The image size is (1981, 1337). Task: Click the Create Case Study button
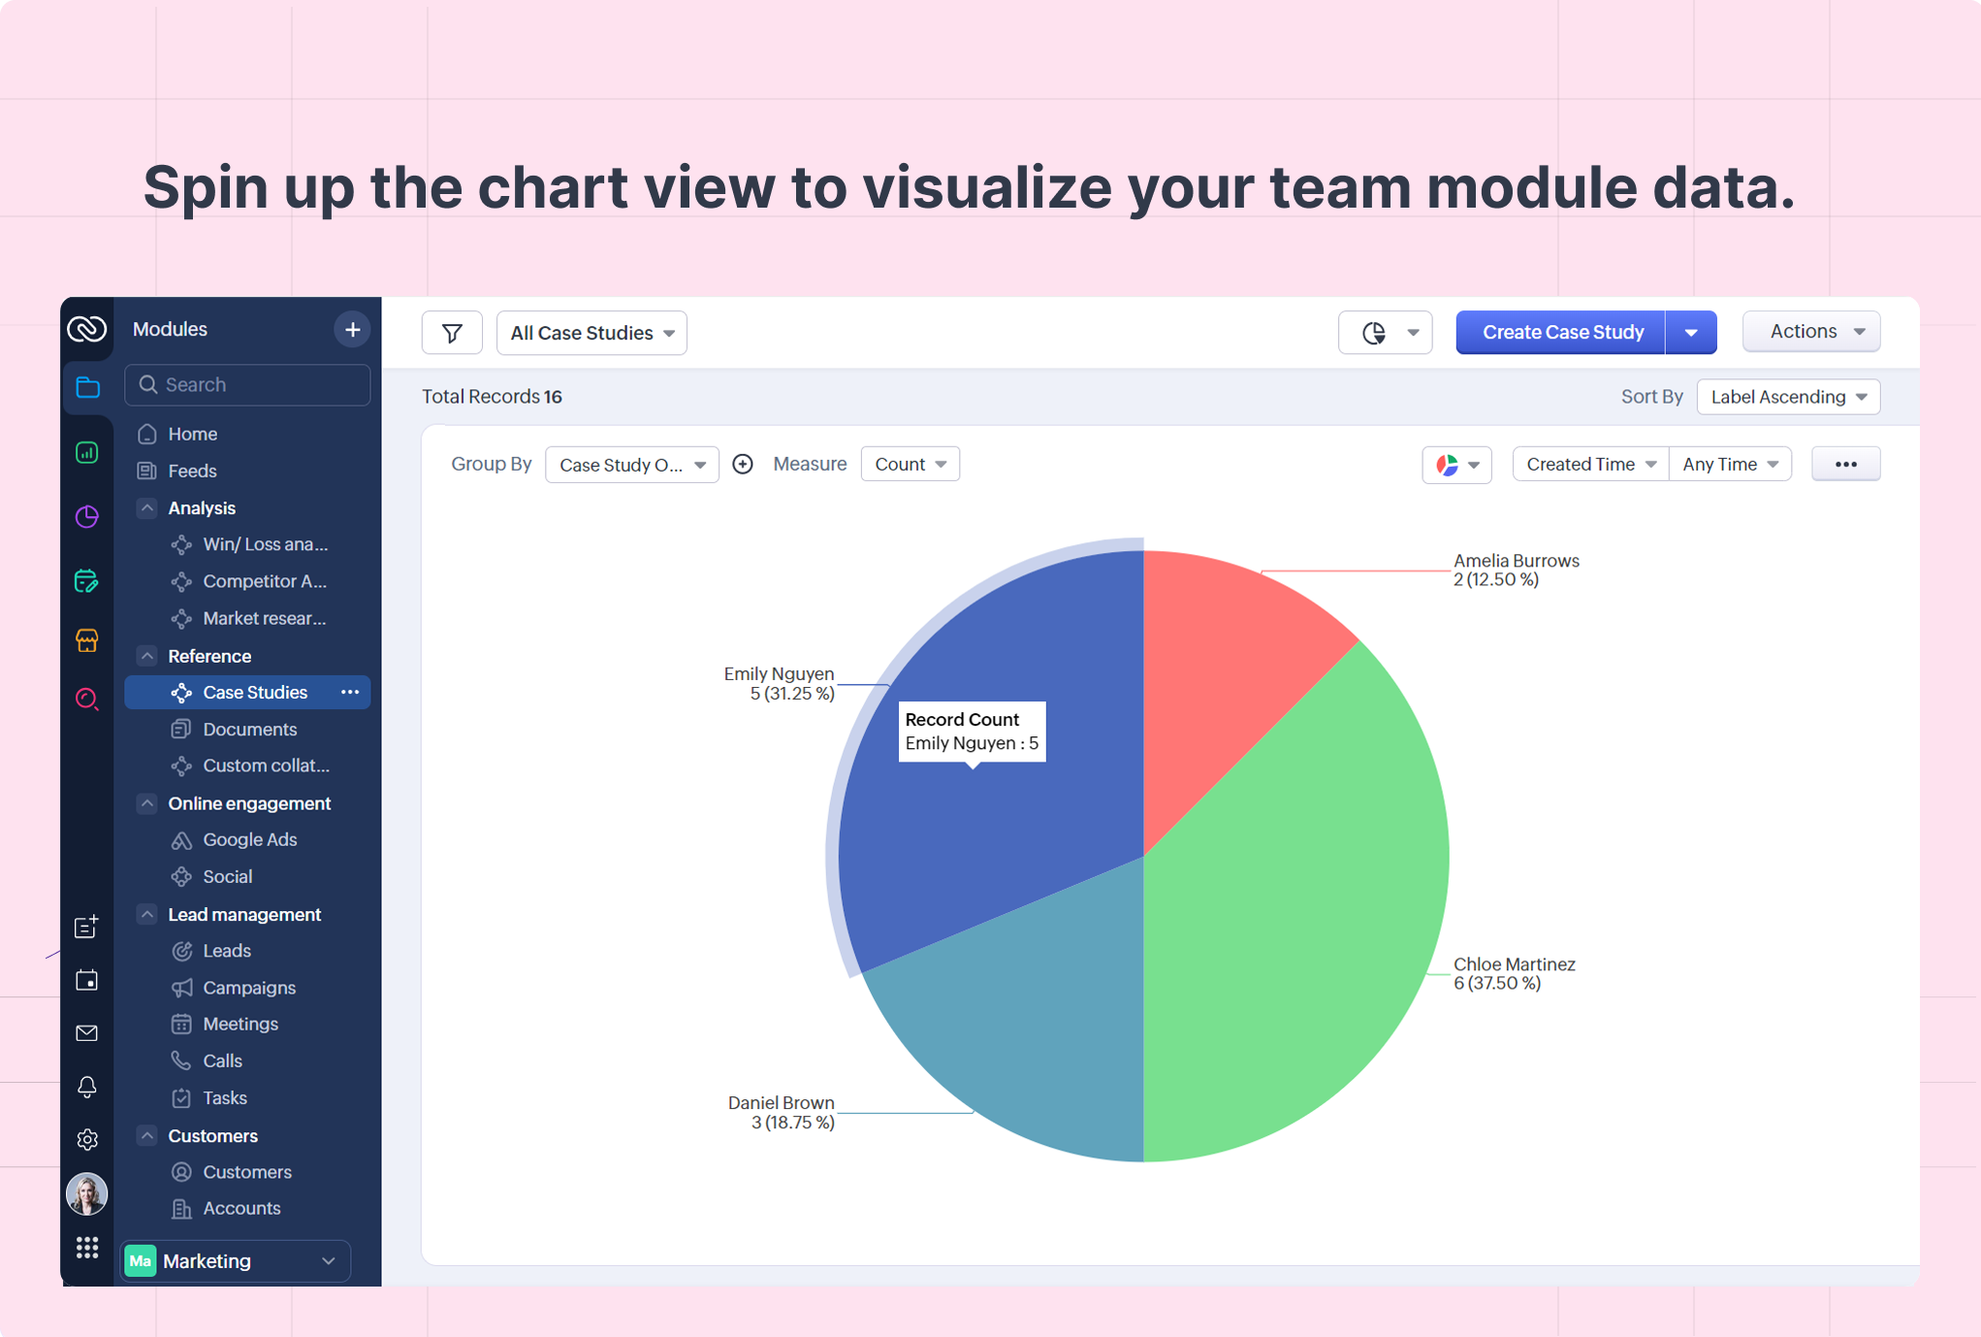coord(1561,333)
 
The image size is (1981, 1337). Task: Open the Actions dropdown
coord(1811,332)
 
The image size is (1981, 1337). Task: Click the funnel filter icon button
coord(452,333)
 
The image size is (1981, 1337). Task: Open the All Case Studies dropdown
coord(591,333)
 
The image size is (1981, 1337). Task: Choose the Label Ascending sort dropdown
coord(1788,397)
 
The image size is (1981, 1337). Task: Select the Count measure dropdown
coord(910,464)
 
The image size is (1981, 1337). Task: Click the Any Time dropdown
coord(1730,464)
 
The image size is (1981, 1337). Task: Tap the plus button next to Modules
coord(352,330)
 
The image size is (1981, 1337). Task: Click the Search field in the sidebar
coord(247,385)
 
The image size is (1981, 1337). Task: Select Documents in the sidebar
coord(249,730)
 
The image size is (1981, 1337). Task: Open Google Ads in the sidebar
coord(249,840)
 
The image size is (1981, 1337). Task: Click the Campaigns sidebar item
coord(248,988)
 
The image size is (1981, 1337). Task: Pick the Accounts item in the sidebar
coord(241,1209)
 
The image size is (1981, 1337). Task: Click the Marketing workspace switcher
coord(236,1261)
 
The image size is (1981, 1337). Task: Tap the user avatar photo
coord(86,1194)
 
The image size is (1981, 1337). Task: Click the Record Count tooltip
coord(972,732)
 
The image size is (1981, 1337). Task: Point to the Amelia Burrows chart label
coord(1516,571)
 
